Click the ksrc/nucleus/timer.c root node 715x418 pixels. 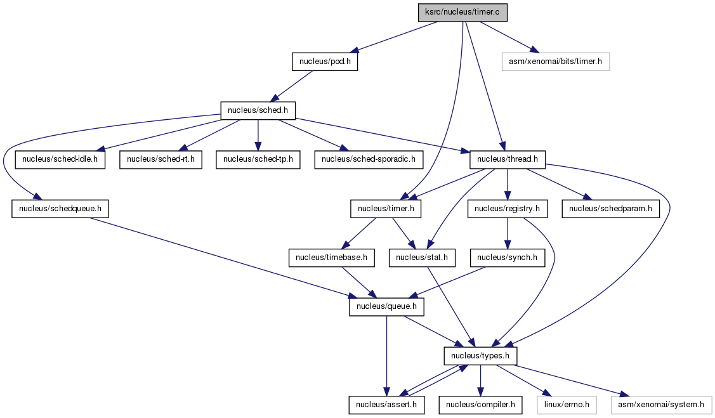(462, 12)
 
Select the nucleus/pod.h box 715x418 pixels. (325, 62)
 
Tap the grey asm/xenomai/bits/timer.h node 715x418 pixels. (555, 62)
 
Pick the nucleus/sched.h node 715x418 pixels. (258, 111)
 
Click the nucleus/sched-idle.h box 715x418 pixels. (60, 160)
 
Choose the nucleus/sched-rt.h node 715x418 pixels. (161, 160)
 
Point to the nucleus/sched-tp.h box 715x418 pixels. (258, 160)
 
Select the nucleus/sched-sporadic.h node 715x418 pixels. (369, 160)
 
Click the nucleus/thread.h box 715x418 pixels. (508, 160)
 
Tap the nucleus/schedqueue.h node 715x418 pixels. (60, 209)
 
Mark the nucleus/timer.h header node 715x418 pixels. (386, 209)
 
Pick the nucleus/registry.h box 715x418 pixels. (507, 209)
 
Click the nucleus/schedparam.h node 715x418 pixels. (610, 209)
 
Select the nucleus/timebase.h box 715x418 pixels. (332, 258)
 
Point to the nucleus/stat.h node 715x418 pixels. (422, 258)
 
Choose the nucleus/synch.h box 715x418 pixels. (507, 258)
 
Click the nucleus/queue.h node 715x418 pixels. (387, 307)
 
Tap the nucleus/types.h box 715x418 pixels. (481, 356)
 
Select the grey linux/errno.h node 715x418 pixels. (567, 405)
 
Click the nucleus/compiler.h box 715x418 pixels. (481, 405)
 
